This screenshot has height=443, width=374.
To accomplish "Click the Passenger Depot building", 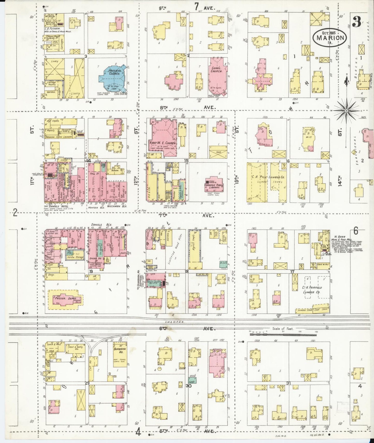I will [x=66, y=300].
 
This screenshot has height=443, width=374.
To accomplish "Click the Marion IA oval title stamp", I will [x=329, y=37].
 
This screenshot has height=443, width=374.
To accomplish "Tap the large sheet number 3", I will [x=357, y=23].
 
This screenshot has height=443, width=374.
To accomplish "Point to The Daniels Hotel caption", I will [x=57, y=207].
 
